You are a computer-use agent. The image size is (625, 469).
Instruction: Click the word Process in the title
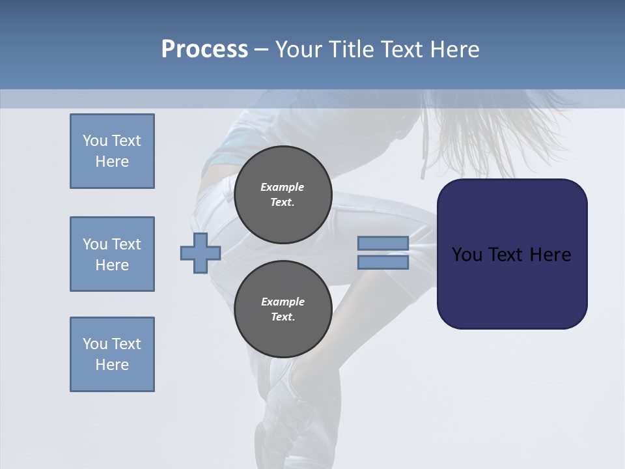click(204, 50)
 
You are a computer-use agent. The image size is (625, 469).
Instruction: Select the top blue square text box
click(112, 151)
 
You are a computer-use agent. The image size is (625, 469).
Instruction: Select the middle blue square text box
click(112, 254)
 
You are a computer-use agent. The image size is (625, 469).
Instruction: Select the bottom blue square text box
click(112, 354)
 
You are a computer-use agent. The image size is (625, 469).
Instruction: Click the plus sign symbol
click(201, 253)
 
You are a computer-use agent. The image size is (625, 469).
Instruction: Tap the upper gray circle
click(283, 195)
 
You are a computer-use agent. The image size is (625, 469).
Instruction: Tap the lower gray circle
click(283, 309)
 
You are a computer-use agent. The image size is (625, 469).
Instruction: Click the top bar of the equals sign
click(383, 244)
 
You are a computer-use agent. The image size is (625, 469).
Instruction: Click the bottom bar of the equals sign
click(383, 262)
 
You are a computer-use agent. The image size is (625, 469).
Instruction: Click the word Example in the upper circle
click(283, 187)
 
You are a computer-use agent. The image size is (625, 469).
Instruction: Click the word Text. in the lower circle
click(283, 317)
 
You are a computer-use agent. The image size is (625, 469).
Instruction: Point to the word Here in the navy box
click(550, 255)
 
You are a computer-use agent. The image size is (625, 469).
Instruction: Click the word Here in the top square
click(112, 162)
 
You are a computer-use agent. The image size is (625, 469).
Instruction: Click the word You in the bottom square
click(95, 344)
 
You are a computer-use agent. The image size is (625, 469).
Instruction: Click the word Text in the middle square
click(126, 244)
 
